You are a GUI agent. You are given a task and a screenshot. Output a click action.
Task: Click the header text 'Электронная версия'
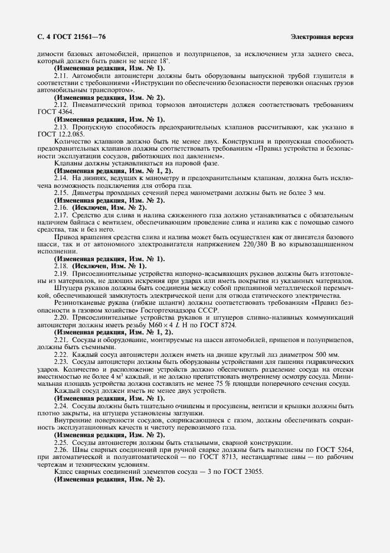coord(322,37)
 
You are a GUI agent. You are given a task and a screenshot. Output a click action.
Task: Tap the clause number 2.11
coord(61,76)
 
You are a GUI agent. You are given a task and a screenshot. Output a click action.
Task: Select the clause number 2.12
coord(61,105)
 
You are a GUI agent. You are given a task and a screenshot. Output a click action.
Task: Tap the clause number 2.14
coord(61,177)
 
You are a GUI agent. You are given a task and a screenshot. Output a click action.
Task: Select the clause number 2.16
coord(61,208)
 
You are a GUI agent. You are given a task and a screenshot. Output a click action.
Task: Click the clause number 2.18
coord(61,265)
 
